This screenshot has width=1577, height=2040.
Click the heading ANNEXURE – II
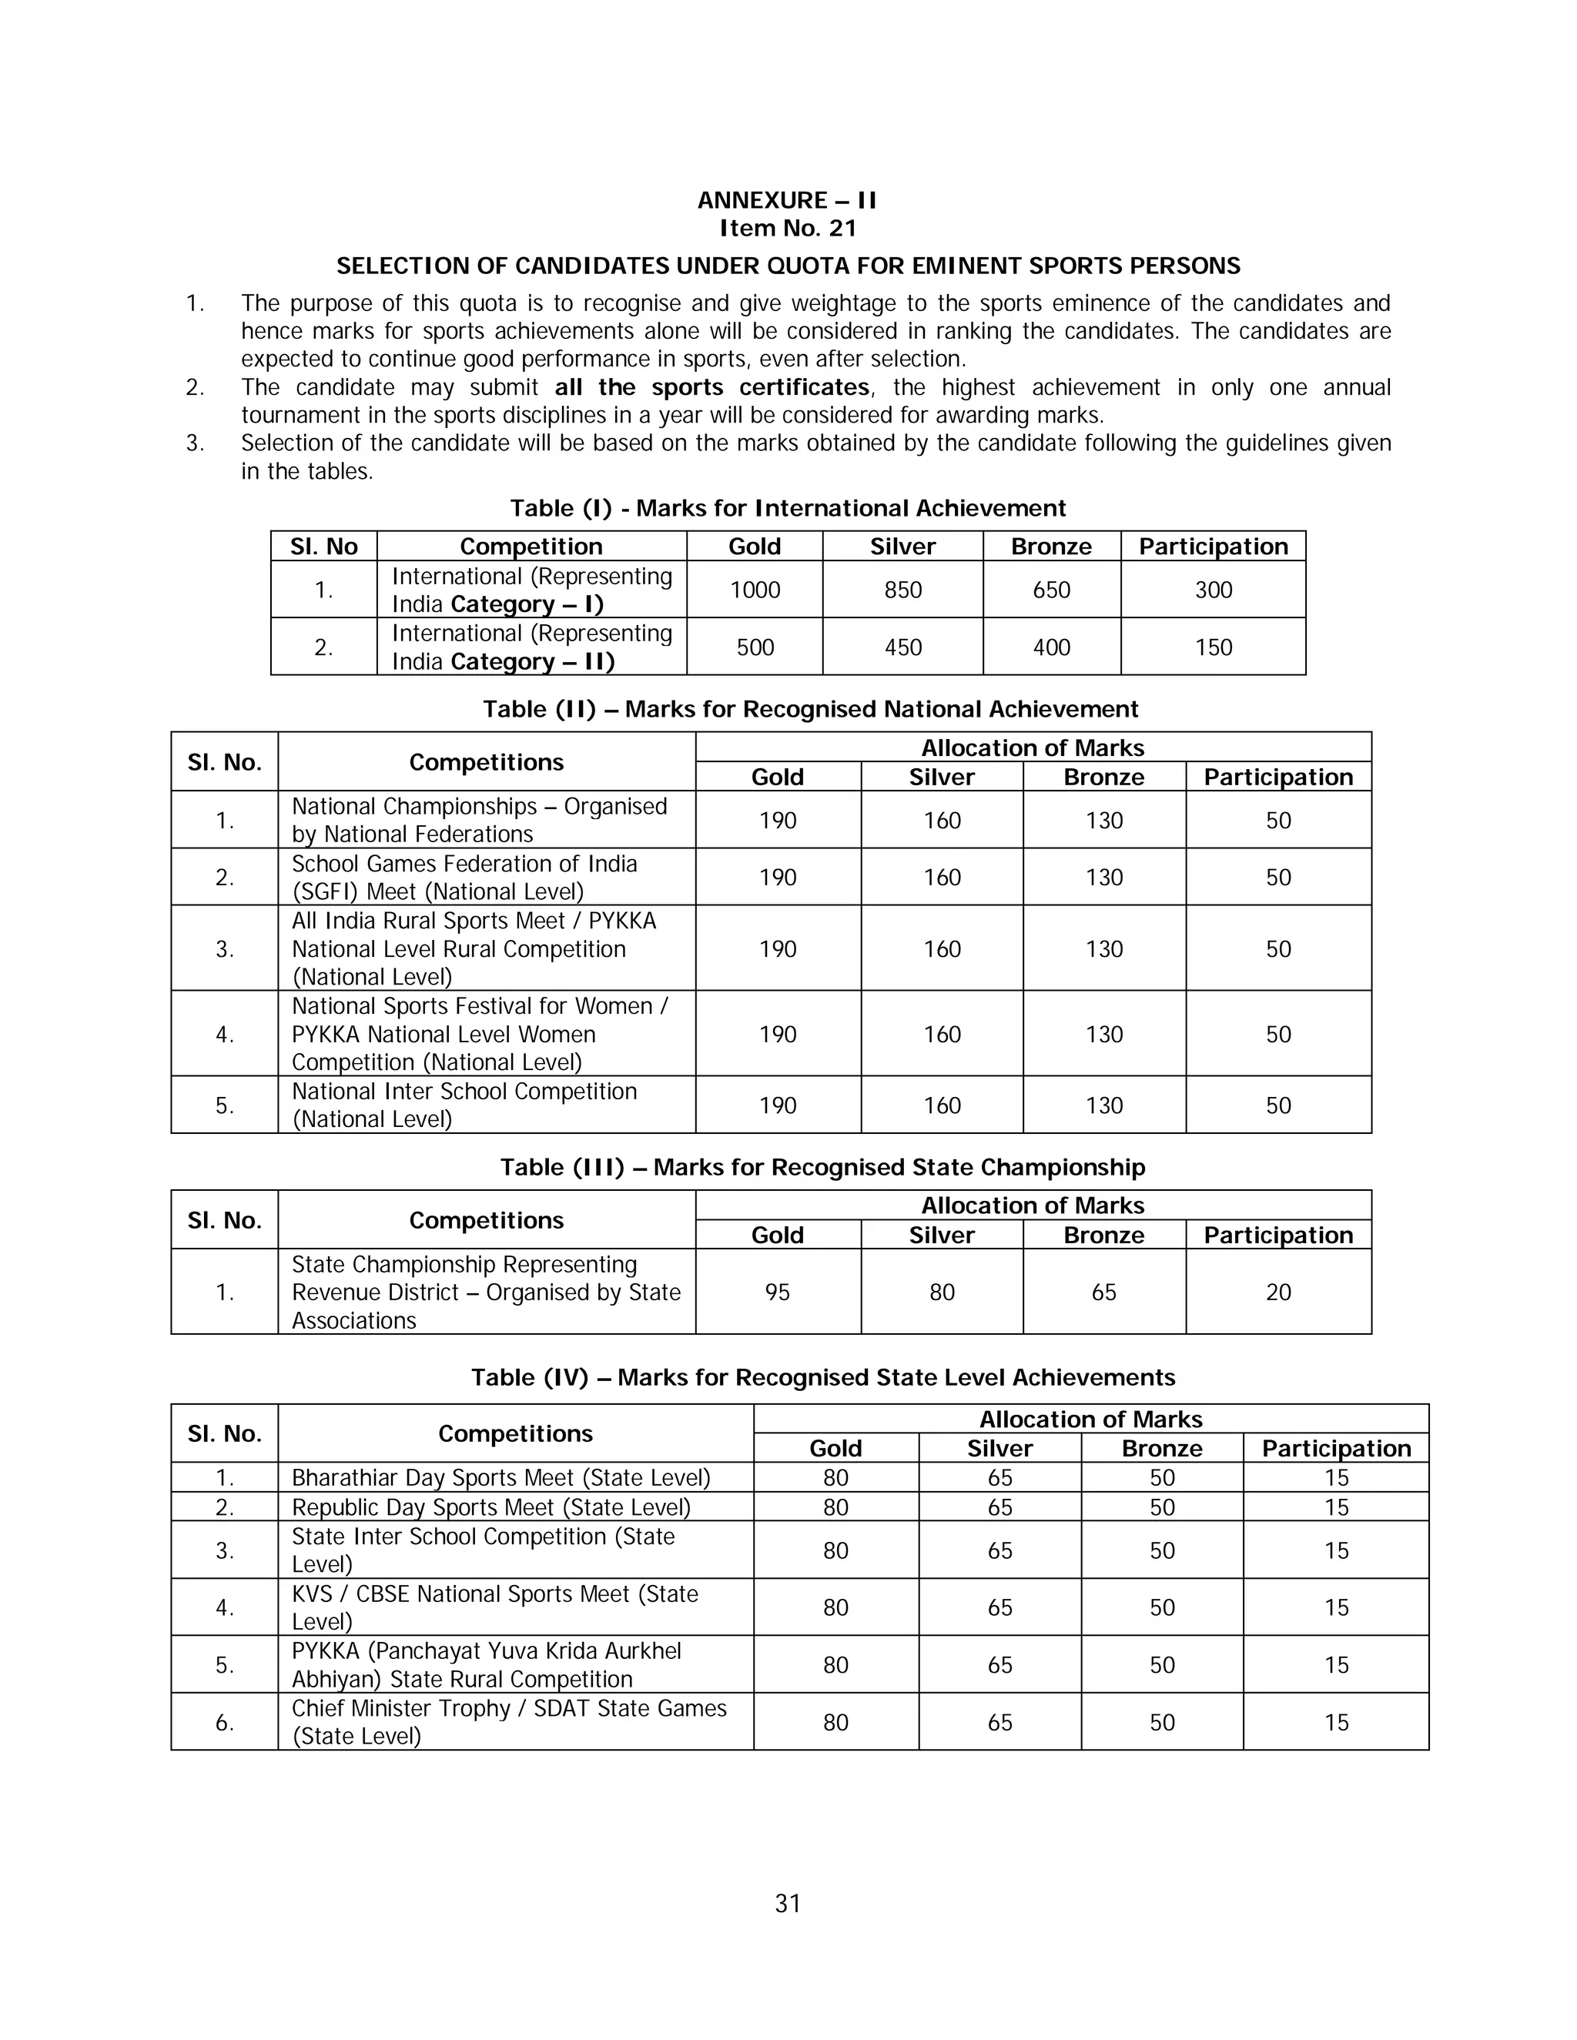point(787,200)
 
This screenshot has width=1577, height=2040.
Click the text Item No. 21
point(787,228)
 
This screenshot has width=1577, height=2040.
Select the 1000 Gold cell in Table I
point(754,590)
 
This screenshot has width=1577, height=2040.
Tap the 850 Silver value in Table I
point(902,590)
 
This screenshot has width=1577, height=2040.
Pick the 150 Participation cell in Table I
point(1213,647)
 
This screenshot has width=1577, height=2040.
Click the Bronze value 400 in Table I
point(1051,647)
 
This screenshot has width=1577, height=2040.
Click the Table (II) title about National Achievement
point(810,709)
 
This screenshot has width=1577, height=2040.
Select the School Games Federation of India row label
point(464,877)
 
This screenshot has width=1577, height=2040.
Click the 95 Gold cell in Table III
point(777,1292)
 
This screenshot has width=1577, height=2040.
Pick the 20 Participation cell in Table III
point(1278,1292)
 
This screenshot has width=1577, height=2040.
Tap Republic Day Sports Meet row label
point(491,1507)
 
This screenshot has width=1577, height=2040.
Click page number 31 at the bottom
point(788,1903)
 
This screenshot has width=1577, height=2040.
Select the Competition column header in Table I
point(531,547)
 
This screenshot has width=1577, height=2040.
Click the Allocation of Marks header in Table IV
point(1090,1419)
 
